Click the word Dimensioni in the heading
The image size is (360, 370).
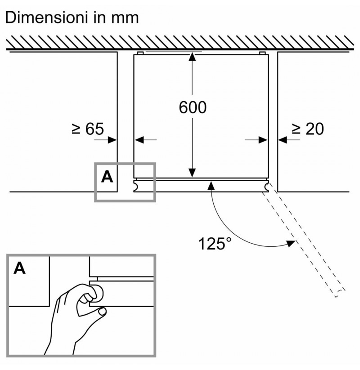pos(48,18)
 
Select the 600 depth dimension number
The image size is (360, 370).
pos(193,107)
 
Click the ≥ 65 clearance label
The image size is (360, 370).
pos(88,129)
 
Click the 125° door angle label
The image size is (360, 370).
pos(215,244)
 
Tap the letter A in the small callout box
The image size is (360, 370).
pos(107,177)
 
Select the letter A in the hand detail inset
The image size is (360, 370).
pos(19,268)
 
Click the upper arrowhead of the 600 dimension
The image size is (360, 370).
pos(192,57)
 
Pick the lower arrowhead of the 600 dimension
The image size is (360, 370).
pos(192,173)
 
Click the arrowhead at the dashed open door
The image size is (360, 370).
pos(291,243)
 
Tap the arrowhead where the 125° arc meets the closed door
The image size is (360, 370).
pos(211,186)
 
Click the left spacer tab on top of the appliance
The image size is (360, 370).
pos(140,53)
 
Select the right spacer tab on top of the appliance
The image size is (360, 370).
pos(262,53)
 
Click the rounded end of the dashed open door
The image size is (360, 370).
pos(340,293)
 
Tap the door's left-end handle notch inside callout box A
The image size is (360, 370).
pos(136,186)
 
